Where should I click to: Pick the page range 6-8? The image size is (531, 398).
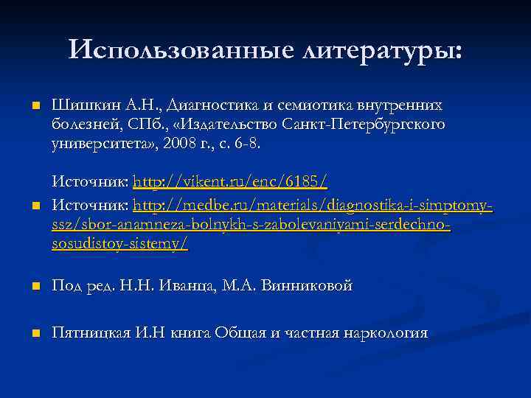[x=246, y=143]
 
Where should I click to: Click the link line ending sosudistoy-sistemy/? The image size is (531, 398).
[x=119, y=244]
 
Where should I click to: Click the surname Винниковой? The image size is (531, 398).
[x=308, y=285]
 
